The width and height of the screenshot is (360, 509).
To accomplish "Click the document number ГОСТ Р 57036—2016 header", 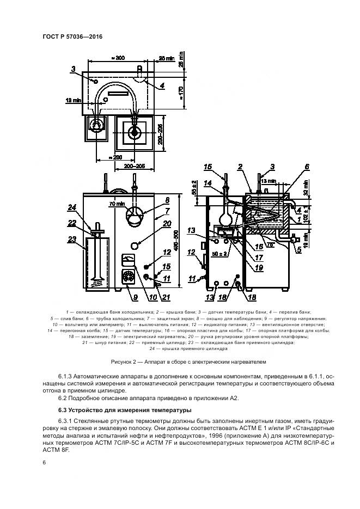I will [x=72, y=36].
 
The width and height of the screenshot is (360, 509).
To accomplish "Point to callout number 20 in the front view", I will [x=152, y=223].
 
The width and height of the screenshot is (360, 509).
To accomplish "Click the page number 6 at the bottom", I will [x=43, y=462].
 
